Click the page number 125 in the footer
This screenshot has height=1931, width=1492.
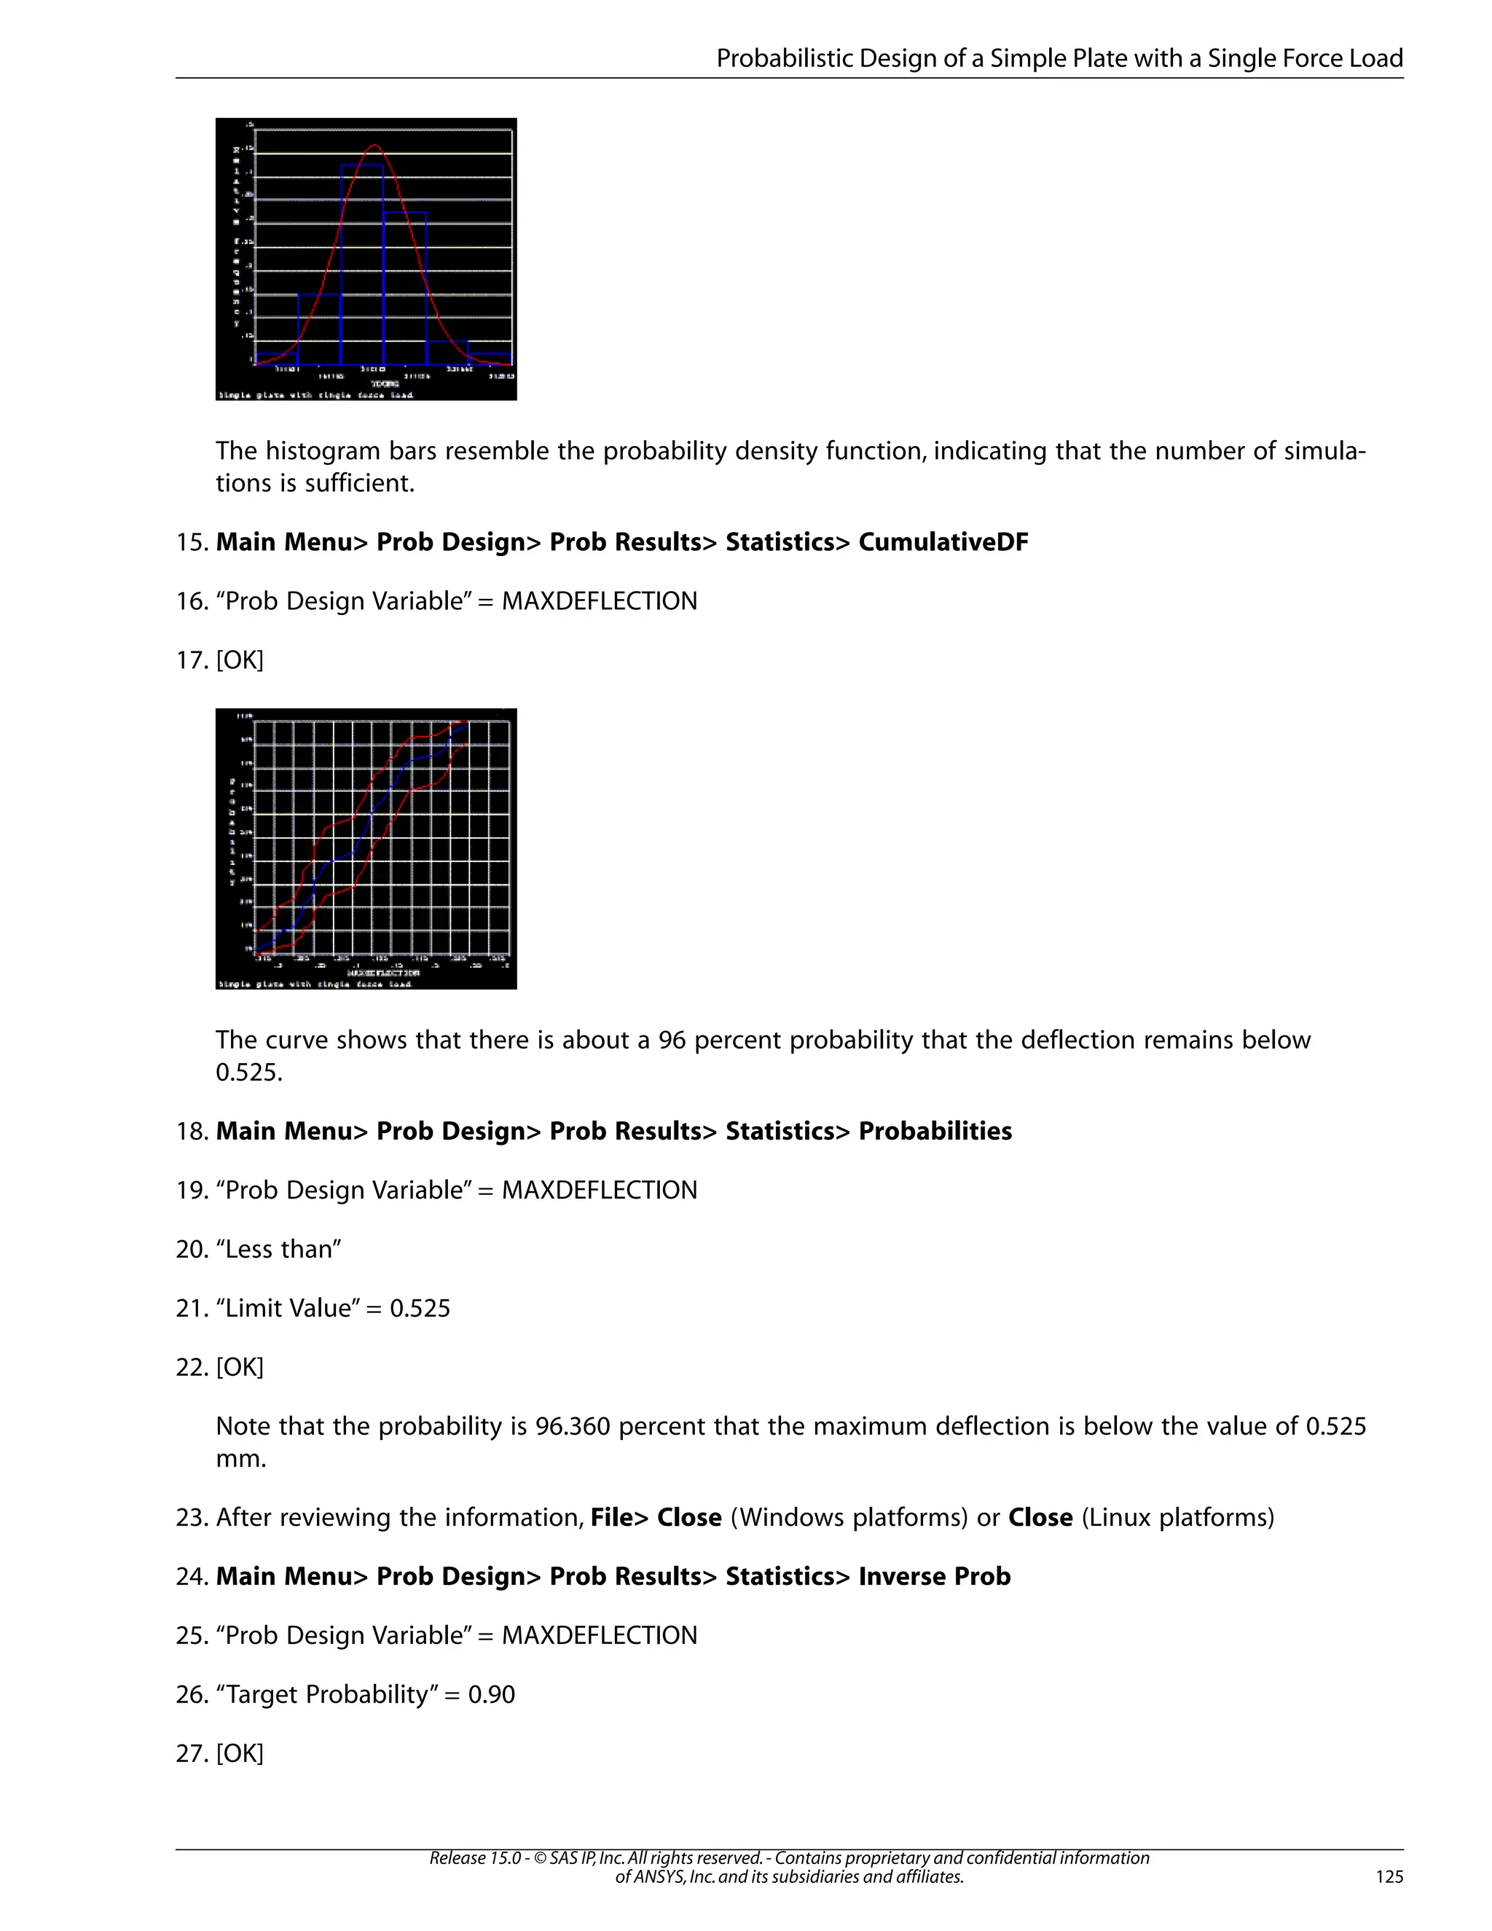click(1389, 1876)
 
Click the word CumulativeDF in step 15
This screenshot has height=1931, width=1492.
click(943, 542)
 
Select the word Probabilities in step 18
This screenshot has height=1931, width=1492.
click(935, 1131)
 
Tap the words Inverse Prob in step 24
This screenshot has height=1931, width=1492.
click(934, 1576)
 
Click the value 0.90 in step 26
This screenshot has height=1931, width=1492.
click(492, 1695)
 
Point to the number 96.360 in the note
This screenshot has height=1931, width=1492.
click(573, 1426)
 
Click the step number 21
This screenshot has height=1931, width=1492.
click(191, 1309)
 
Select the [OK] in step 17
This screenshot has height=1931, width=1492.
click(240, 660)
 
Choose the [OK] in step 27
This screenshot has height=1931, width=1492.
click(240, 1753)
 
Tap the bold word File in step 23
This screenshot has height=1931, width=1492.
click(613, 1518)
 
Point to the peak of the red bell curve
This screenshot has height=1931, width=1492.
click(374, 145)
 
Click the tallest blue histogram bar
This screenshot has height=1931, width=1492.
click(362, 265)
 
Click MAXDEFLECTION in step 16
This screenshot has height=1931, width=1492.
click(600, 601)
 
